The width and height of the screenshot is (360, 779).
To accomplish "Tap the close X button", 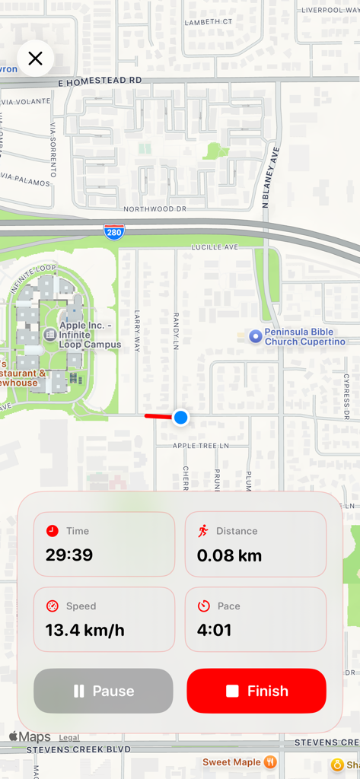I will pos(35,59).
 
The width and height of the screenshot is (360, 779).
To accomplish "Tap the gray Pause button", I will pos(104,691).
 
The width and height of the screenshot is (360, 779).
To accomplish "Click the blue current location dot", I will pos(180,417).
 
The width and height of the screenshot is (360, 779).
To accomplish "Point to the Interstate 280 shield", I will pos(114,231).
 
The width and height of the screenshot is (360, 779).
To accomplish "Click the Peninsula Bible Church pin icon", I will pos(256,336).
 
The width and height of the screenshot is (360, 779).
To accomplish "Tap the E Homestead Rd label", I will pos(100,80).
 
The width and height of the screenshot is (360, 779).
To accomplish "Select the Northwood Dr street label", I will pos(155,208).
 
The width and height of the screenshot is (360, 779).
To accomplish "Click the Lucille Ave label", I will pos(215,247).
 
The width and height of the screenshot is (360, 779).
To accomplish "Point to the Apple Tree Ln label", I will pos(200,446).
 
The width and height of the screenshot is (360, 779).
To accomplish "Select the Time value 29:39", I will pos(69,555).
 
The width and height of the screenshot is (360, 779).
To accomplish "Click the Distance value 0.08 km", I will pos(229,555).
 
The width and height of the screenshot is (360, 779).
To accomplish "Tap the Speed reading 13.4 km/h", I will pos(84,630).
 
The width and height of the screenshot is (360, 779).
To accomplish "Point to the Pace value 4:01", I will pos(214,630).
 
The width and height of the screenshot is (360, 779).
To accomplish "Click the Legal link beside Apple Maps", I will pos(69,738).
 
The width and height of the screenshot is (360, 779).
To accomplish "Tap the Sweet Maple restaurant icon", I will pos(269,762).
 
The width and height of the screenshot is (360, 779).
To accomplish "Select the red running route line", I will pos(158,416).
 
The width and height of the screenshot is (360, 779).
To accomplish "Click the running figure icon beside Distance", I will pos(203,531).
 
